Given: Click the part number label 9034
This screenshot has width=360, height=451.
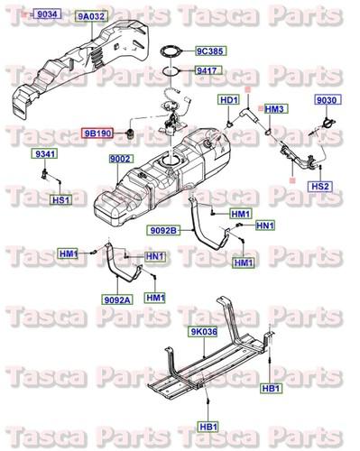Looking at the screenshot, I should (45, 15).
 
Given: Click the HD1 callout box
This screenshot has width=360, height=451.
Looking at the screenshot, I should (228, 100).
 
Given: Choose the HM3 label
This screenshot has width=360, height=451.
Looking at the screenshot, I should (276, 109).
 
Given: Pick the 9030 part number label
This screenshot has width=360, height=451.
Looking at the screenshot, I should (326, 100).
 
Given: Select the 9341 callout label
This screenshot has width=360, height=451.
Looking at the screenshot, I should (44, 155).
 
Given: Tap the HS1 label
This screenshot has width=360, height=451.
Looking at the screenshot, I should (60, 199).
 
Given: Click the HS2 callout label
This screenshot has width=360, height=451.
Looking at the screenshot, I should (321, 186).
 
